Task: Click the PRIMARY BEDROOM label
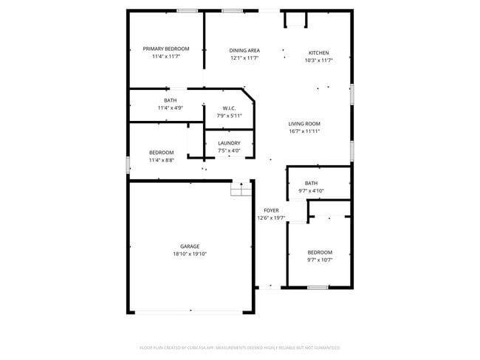[166, 49]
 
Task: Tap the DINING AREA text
[244, 49]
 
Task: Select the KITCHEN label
[318, 52]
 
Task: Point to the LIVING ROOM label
[304, 123]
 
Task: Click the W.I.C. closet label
[229, 108]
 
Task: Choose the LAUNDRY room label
[229, 143]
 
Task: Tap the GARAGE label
[190, 246]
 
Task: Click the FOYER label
[271, 210]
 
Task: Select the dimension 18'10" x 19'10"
[190, 254]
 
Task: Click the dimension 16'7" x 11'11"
[304, 131]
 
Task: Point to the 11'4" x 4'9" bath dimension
[170, 108]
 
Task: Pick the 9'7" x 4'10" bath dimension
[311, 190]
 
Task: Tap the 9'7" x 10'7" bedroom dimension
[320, 260]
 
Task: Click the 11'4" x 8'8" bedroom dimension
[161, 160]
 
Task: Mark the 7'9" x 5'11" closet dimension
[229, 115]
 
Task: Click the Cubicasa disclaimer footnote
[239, 347]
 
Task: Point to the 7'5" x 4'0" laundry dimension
[229, 150]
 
